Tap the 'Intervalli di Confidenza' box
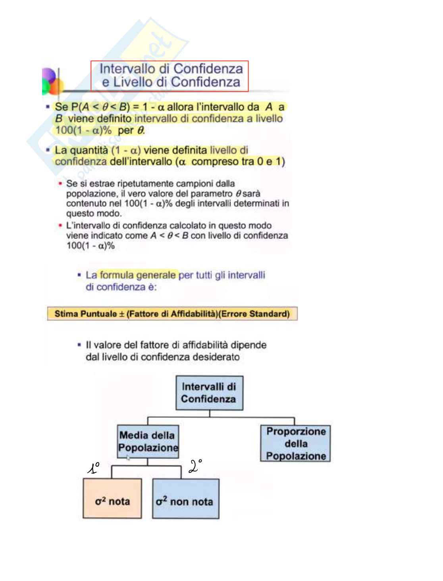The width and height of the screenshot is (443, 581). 209,393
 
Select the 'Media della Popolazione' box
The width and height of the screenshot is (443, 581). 148,441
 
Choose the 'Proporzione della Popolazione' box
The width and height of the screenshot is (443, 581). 295,443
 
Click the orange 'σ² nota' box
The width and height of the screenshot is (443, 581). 112,499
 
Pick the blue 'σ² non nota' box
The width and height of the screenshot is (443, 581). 185,499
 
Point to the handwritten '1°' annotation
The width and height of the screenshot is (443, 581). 93,468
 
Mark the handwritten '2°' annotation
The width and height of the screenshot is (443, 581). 195,466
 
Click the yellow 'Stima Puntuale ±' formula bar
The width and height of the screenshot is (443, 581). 172,314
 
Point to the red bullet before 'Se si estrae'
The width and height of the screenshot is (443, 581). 60,184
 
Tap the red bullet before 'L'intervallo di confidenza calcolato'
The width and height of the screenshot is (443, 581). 60,225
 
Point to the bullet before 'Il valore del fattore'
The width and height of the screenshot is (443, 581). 79,345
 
